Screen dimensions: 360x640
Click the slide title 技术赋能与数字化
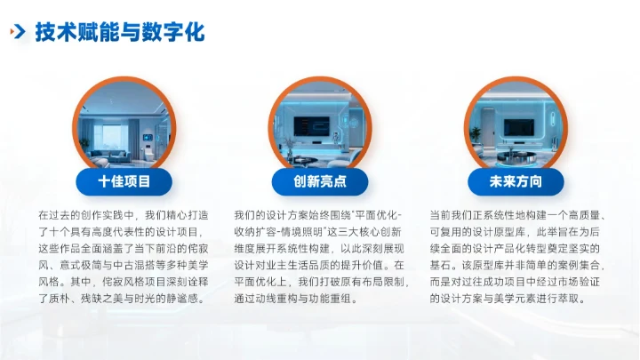click(x=119, y=33)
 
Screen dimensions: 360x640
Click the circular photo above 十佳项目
click(x=124, y=124)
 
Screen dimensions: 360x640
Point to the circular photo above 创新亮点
click(x=320, y=124)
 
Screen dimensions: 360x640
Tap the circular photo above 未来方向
click(x=516, y=124)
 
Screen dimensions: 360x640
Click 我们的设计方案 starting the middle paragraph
click(x=264, y=216)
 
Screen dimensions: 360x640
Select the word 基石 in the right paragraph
click(x=442, y=266)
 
